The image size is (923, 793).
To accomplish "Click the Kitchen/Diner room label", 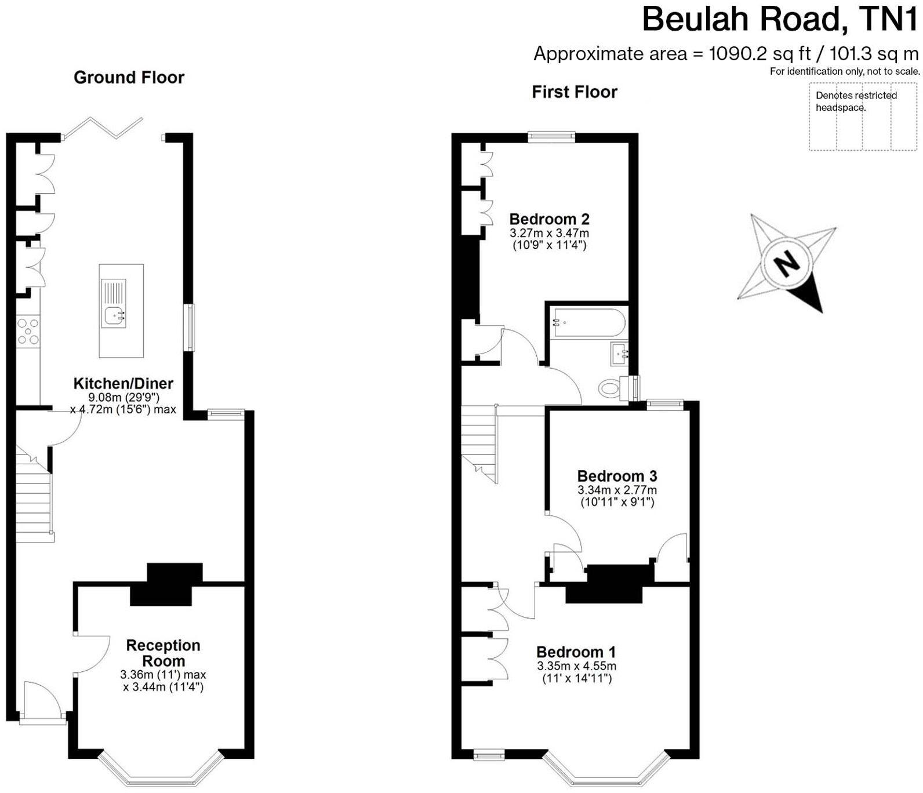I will (x=123, y=383).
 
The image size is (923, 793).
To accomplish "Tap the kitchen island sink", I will (x=114, y=315).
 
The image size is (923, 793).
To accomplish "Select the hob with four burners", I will (x=28, y=332).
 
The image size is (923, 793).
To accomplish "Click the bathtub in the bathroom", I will (x=588, y=322).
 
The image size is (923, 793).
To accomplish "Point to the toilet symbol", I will (x=610, y=387).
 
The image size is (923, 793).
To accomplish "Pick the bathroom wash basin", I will (x=619, y=353).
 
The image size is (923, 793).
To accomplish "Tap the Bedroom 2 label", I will (x=549, y=219).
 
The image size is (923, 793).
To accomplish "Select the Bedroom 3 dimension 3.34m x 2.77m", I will (x=617, y=490).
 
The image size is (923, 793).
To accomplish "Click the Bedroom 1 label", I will (x=576, y=652).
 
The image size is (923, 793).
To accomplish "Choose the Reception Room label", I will (x=163, y=653).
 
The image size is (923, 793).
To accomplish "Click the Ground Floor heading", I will (x=129, y=77).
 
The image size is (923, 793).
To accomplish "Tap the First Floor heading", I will (x=575, y=92).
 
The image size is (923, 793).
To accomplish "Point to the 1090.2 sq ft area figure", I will (x=760, y=54).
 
